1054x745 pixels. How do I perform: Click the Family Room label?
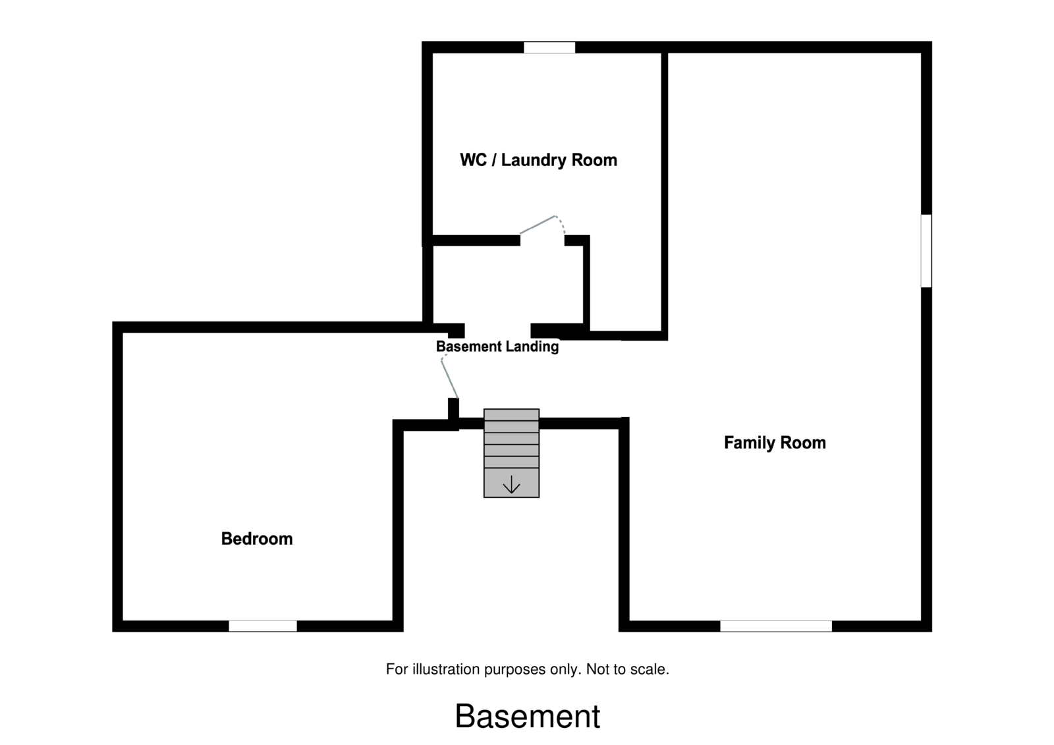click(x=775, y=443)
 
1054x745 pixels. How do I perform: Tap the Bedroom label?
click(x=257, y=539)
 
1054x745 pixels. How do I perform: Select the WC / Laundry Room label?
click(x=538, y=160)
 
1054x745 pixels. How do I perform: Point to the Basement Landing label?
click(x=497, y=346)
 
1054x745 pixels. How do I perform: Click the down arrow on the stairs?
click(x=511, y=486)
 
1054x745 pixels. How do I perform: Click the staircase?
click(x=511, y=453)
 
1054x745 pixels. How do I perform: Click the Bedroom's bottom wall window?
click(x=263, y=626)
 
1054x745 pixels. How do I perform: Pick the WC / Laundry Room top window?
click(x=549, y=47)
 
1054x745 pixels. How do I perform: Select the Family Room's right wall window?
click(x=926, y=251)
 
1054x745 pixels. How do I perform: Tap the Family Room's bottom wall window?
click(x=775, y=626)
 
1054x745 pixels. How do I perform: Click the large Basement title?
click(x=527, y=717)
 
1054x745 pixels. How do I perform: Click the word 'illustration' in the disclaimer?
click(x=447, y=669)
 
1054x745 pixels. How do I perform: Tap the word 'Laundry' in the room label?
click(x=533, y=160)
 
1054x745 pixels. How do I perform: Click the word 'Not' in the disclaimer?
click(x=597, y=669)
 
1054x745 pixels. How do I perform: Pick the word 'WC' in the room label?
click(x=473, y=160)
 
